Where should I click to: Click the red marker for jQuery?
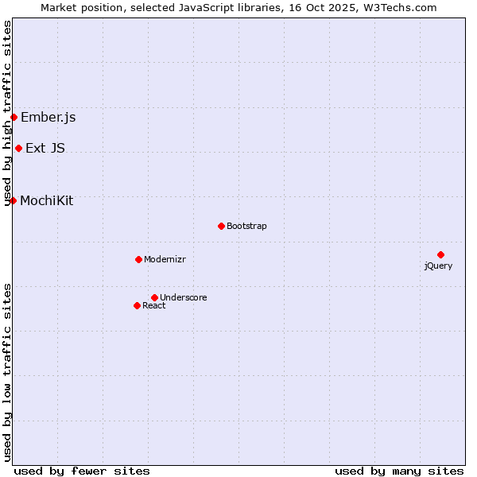[440, 254]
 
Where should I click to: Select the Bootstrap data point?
[221, 226]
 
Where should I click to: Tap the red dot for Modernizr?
[138, 259]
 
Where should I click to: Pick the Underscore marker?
[154, 297]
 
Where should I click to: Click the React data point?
[137, 305]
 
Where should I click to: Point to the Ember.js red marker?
[14, 118]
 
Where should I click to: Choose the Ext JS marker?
[18, 148]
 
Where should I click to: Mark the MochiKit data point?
[13, 200]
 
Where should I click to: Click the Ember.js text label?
[48, 118]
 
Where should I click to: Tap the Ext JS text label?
[45, 148]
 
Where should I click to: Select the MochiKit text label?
[46, 200]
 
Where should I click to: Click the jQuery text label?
[438, 266]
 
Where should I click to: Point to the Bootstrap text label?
[246, 226]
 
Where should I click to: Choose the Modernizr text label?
[165, 259]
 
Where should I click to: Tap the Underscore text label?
[184, 297]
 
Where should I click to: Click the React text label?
[154, 305]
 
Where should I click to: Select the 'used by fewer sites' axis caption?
[82, 471]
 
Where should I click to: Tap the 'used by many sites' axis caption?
[399, 471]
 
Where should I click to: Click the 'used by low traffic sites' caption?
[8, 372]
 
